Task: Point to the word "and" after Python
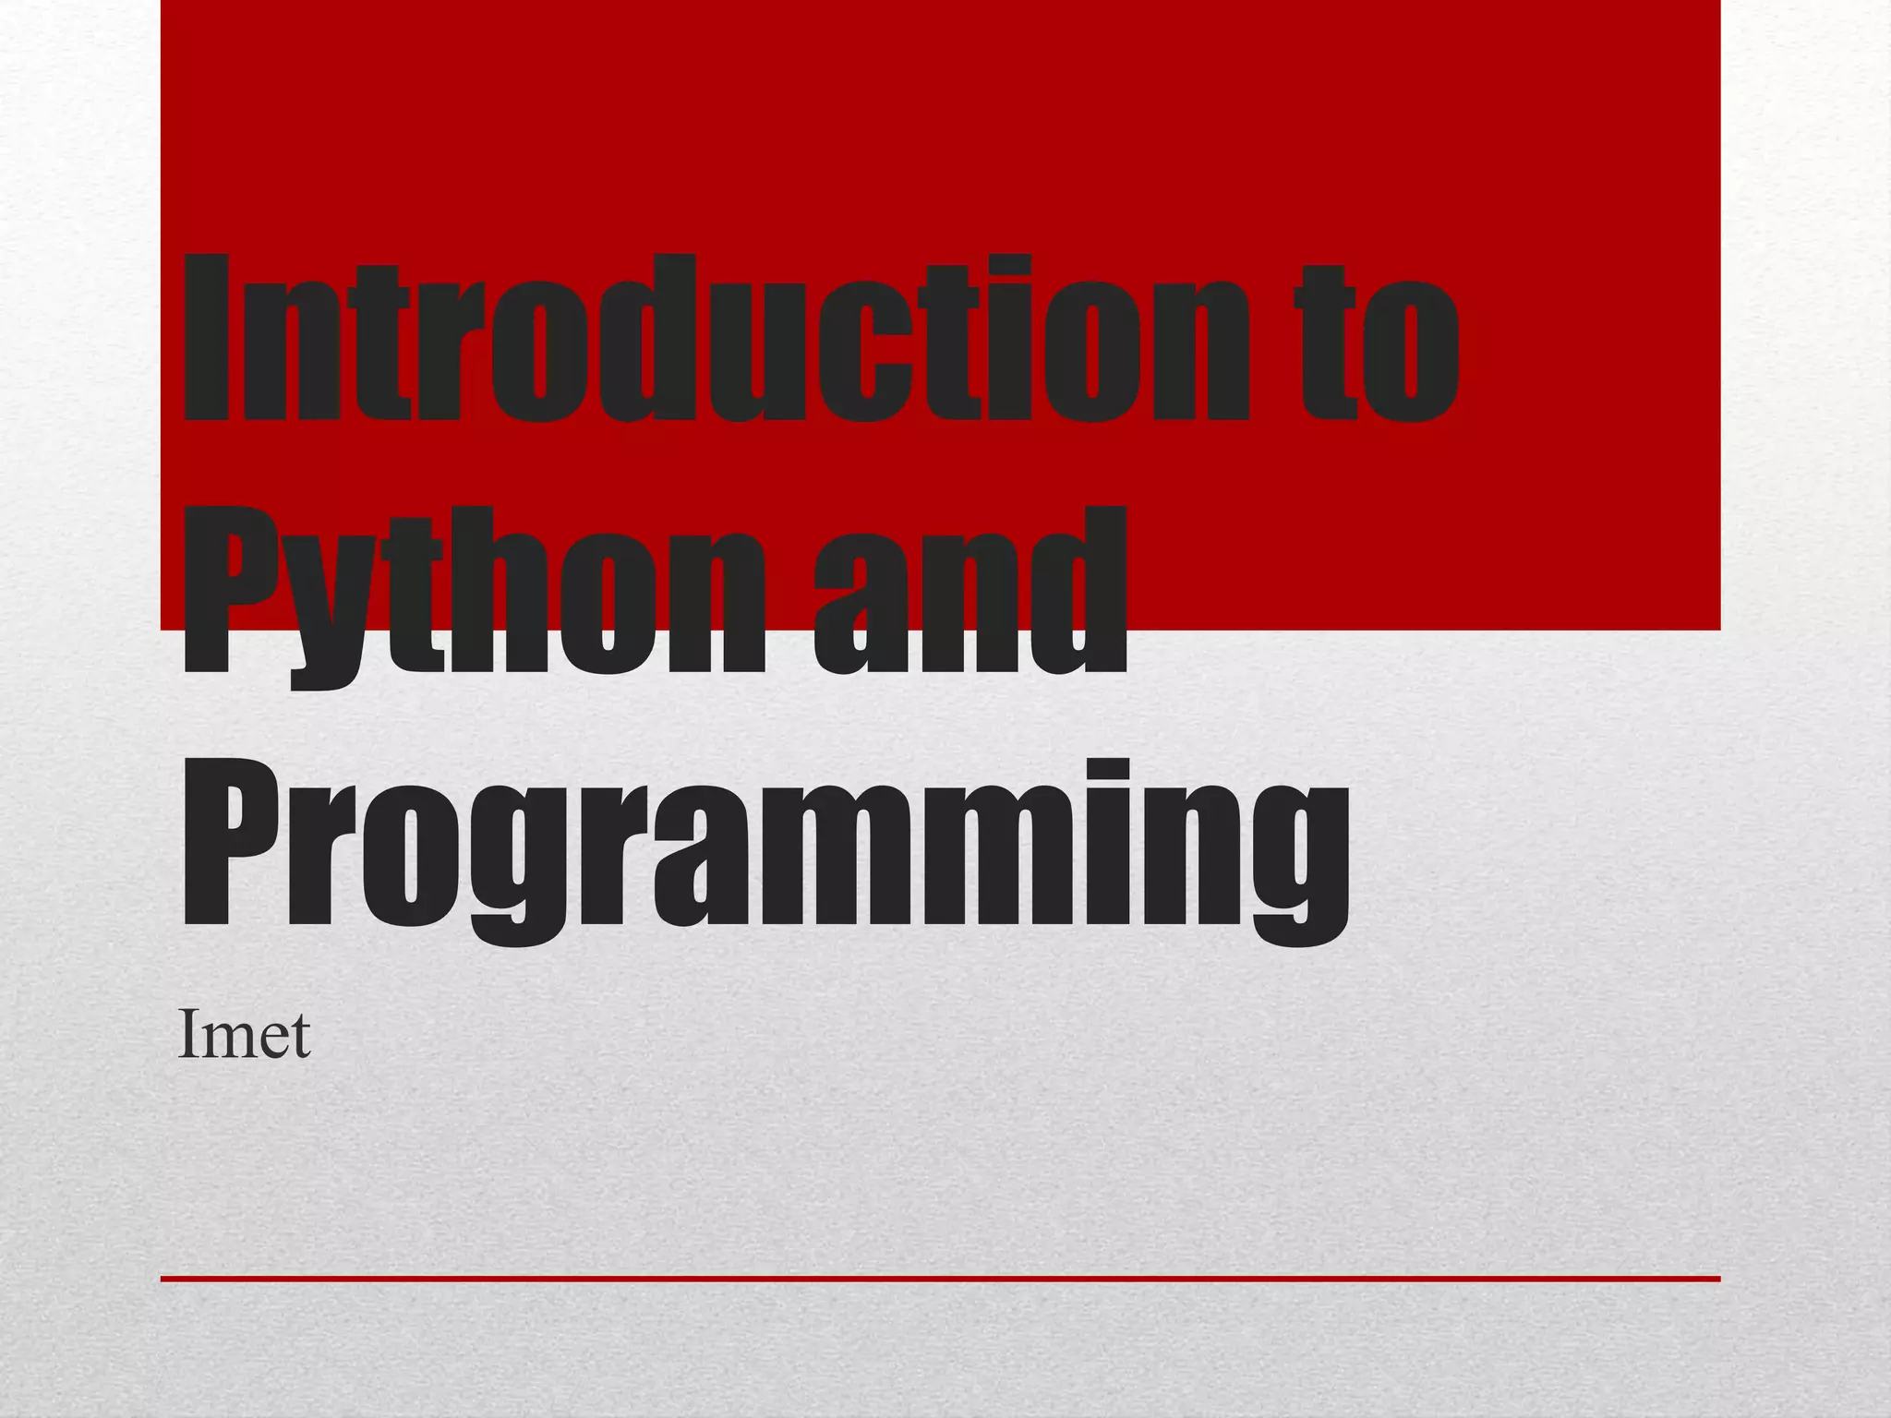[x=970, y=591]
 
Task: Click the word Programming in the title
[x=765, y=845]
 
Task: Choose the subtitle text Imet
[x=244, y=1035]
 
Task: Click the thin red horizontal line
[x=940, y=1279]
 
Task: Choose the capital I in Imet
[x=187, y=1034]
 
